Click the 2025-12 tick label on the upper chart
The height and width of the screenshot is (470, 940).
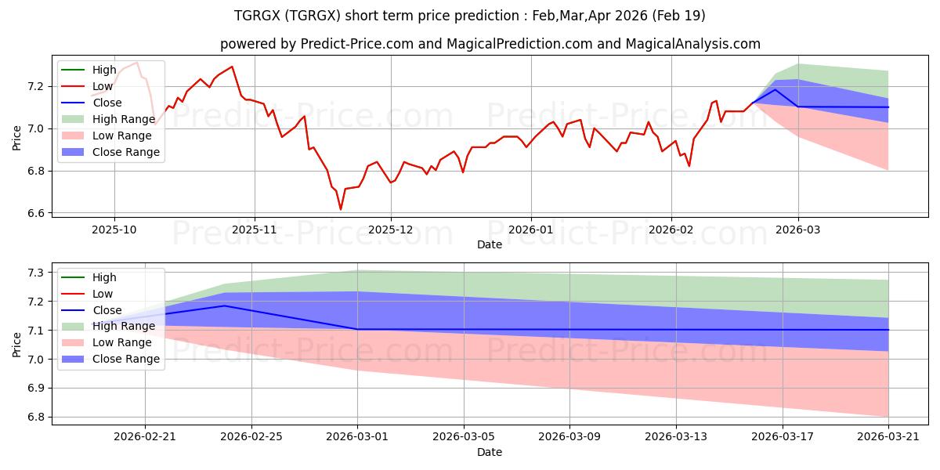[390, 230]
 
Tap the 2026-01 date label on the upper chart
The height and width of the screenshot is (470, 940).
[531, 230]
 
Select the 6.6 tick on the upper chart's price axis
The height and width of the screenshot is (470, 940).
[36, 213]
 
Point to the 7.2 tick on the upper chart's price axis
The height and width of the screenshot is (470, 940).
[36, 86]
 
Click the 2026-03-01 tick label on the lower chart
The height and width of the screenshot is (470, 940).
[357, 437]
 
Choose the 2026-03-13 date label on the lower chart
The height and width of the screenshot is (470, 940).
[675, 437]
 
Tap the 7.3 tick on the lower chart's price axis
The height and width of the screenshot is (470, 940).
[36, 273]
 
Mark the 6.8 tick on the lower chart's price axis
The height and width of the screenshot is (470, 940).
[36, 417]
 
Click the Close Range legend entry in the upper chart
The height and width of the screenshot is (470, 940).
[110, 152]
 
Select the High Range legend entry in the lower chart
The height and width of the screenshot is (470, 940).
[108, 326]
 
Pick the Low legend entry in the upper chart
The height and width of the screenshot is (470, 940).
[87, 86]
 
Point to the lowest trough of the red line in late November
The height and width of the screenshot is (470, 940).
[340, 209]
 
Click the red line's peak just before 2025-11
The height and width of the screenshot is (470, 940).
[232, 67]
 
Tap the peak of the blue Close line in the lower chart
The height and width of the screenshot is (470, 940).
[225, 306]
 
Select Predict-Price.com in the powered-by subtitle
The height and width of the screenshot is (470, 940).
[357, 44]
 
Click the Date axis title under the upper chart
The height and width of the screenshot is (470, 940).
[490, 244]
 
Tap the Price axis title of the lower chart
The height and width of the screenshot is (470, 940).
[16, 345]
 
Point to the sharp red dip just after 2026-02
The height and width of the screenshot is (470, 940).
[689, 166]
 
